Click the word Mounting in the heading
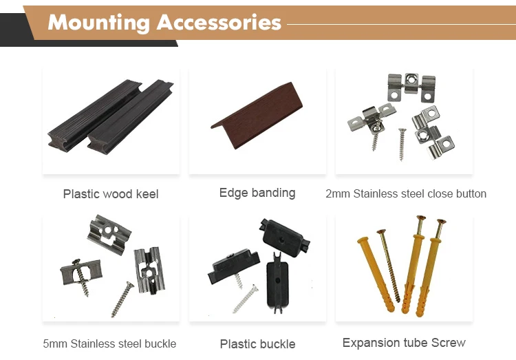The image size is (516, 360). [x=100, y=22]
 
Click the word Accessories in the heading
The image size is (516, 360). [x=219, y=22]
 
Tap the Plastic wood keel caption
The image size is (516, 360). [x=111, y=194]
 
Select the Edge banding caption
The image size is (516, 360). [x=257, y=193]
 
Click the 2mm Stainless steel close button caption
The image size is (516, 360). [x=406, y=193]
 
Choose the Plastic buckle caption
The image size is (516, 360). [x=257, y=344]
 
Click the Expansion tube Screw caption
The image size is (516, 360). [x=404, y=343]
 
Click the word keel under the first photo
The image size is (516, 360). [x=146, y=194]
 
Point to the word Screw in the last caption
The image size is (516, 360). [x=449, y=343]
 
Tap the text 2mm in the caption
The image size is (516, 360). [x=336, y=193]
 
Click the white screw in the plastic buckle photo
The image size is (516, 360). [x=246, y=299]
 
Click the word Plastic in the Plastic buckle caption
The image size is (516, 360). [x=238, y=344]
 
